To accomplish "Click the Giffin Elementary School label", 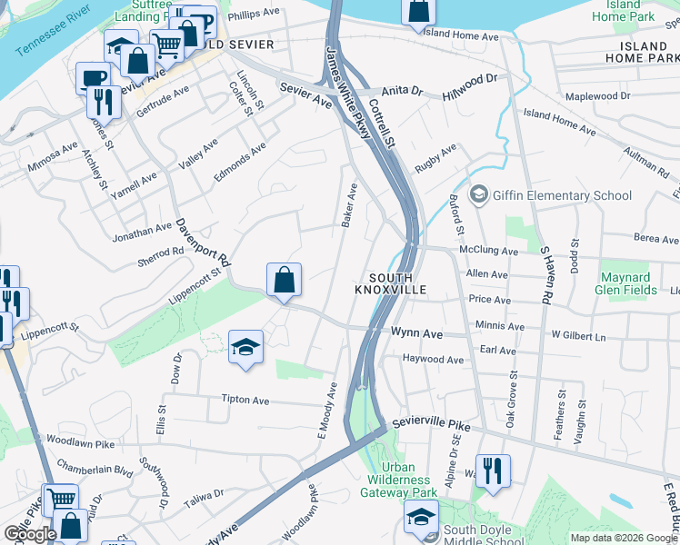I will point(562,195).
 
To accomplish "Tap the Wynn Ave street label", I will point(415,334).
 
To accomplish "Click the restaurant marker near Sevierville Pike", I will point(493,471).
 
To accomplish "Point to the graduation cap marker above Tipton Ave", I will point(245,348).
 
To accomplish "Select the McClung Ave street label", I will point(489,252).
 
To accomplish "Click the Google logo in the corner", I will point(29,534).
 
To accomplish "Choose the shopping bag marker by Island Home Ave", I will point(418,12).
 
